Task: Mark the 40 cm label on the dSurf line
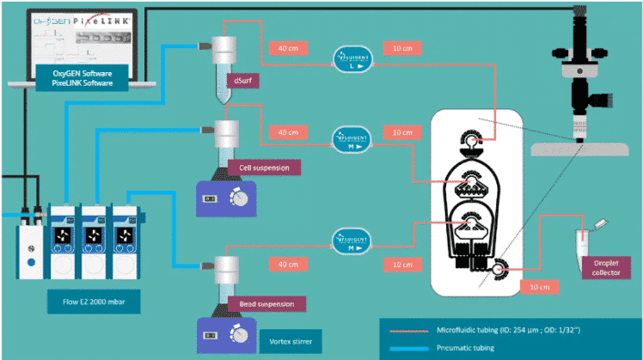pyautogui.click(x=288, y=48)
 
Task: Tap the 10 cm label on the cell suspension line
pyautogui.click(x=402, y=132)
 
